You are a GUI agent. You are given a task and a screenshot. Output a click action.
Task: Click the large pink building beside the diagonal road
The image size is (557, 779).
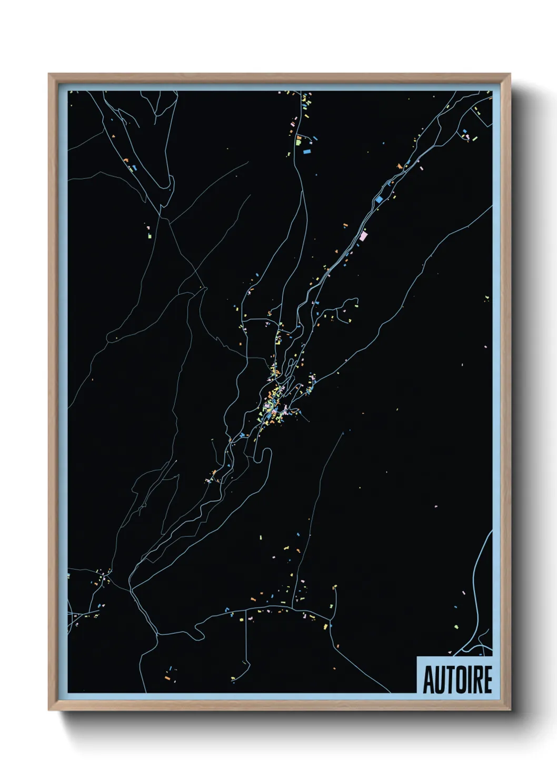coord(363,236)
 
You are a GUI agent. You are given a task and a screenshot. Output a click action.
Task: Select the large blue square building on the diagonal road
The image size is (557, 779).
coord(379,199)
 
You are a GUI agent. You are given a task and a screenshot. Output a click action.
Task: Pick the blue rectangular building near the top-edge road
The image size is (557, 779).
coord(307,152)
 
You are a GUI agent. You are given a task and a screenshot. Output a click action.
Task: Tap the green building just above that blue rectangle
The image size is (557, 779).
coord(299,141)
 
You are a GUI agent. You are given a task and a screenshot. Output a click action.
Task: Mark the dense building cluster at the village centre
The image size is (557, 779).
coord(274,405)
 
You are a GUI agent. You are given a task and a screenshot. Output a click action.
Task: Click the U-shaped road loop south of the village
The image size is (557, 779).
coord(263,457)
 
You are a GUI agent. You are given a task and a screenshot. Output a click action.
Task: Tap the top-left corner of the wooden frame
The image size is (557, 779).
coord(49,75)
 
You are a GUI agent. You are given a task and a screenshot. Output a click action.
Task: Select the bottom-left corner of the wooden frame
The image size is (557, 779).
coord(49,710)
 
